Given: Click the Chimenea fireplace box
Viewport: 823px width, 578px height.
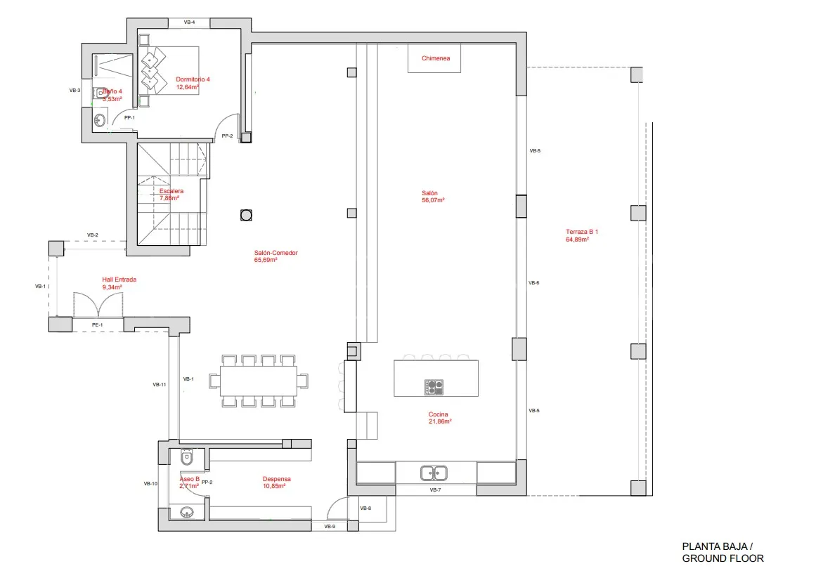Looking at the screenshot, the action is point(434,58).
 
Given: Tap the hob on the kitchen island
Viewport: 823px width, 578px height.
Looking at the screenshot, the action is point(434,387).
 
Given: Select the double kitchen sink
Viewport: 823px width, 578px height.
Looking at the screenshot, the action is point(434,473).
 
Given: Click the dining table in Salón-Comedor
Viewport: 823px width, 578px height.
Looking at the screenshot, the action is point(259,381).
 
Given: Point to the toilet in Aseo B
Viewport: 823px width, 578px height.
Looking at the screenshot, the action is point(187,458).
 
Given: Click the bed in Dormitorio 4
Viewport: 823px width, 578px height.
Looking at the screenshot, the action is point(169,71).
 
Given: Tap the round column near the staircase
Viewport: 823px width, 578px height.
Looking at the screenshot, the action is point(246,215).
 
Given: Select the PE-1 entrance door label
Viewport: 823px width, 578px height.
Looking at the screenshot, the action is point(98,325).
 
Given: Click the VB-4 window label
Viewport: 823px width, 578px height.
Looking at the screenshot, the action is point(190,22).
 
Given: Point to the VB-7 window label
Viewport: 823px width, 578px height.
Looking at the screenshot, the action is point(436,490).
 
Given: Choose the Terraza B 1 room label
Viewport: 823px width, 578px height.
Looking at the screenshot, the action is point(581,232).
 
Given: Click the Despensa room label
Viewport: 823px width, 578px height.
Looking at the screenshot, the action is point(277,479).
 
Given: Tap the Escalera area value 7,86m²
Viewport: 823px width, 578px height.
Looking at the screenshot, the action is point(169,198).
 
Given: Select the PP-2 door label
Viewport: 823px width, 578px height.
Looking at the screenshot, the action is point(227,136).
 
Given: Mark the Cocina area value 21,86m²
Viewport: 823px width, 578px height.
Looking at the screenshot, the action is point(440,421).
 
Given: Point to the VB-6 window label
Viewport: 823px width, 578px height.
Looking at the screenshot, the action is point(534,283).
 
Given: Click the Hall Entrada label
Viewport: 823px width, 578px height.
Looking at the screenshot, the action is point(119,280).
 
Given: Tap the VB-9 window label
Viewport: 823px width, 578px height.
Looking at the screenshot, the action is point(330,527).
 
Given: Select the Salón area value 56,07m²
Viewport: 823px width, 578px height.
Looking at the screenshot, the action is point(433,200).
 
